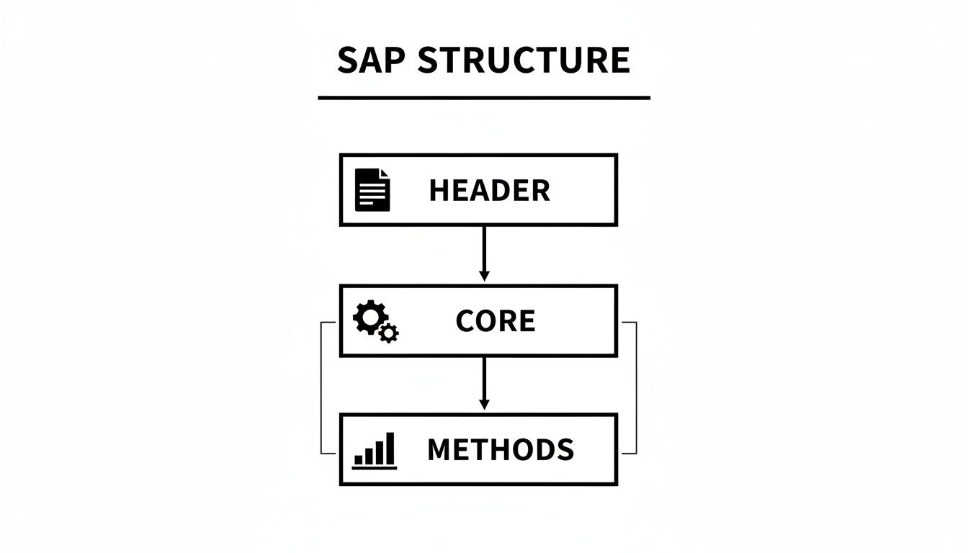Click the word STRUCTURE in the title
point(524,60)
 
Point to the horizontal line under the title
point(484,97)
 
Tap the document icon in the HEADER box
point(372,190)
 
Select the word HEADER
point(490,191)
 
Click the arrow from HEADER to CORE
point(484,252)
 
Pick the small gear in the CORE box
point(389,333)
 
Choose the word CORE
point(496,321)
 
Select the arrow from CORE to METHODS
point(484,382)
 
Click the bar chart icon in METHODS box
point(375,451)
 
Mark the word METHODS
point(501,450)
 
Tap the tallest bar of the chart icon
point(390,449)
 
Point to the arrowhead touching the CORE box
point(484,276)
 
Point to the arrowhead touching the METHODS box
point(484,405)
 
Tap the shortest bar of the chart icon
point(358,459)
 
